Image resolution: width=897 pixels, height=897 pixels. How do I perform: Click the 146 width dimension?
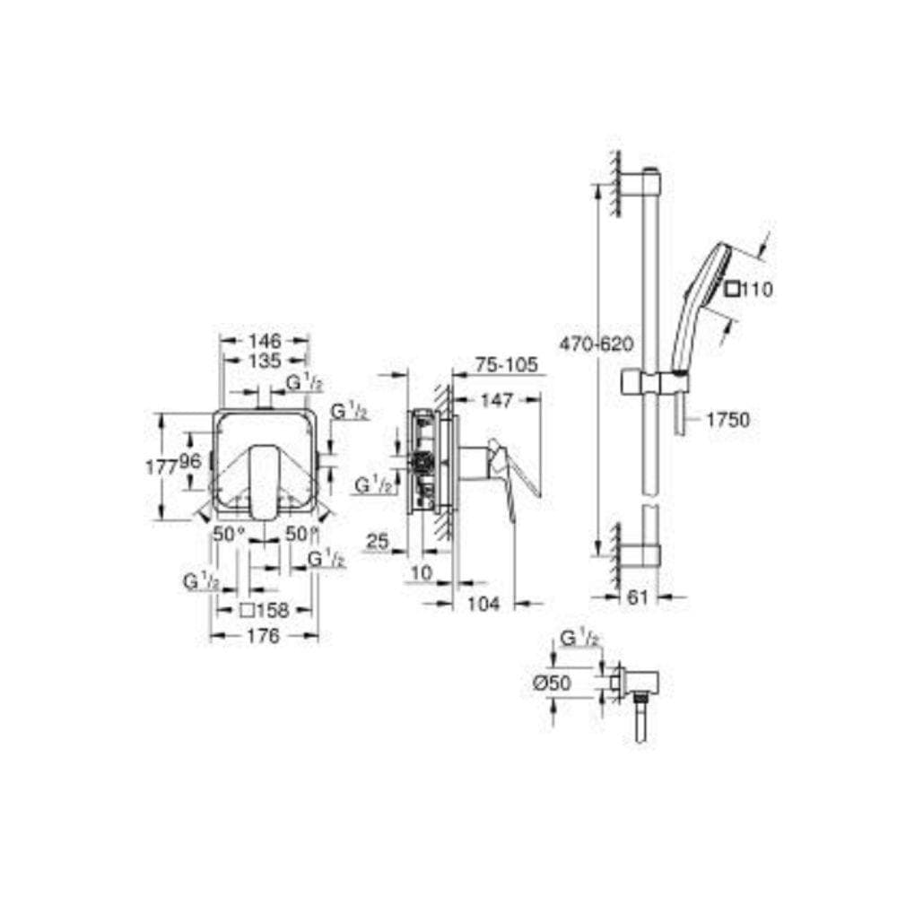click(265, 341)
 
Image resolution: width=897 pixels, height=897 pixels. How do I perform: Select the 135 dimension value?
click(265, 361)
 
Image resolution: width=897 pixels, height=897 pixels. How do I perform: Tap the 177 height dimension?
click(162, 467)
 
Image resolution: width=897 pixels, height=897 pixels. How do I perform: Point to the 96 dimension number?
click(190, 461)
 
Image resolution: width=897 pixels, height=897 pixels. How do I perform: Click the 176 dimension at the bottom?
click(264, 636)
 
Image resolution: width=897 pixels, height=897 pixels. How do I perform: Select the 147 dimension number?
click(496, 400)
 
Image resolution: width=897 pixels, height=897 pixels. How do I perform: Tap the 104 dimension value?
click(483, 604)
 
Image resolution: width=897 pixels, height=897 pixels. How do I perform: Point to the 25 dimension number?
click(378, 541)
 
